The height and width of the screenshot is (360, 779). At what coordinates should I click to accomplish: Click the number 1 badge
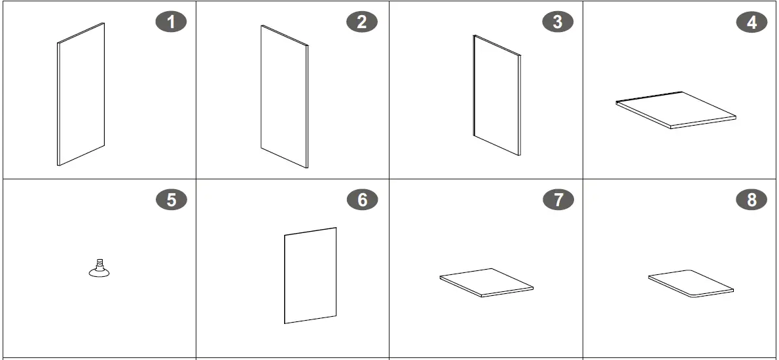click(x=172, y=22)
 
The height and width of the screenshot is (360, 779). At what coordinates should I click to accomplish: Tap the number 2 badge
click(x=361, y=22)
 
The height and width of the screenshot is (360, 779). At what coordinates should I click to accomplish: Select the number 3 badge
click(x=558, y=22)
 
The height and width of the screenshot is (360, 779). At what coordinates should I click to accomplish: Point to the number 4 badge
click(x=752, y=22)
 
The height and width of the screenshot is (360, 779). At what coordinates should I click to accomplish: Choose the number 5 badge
click(x=172, y=200)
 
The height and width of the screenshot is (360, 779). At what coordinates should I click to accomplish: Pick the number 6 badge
click(x=362, y=200)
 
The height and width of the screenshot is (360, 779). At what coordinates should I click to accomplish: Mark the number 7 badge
click(x=558, y=200)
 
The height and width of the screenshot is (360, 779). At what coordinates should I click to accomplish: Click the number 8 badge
click(x=752, y=200)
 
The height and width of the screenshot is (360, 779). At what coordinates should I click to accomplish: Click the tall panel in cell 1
click(x=81, y=94)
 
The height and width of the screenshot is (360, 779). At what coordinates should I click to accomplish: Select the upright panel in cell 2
click(x=284, y=97)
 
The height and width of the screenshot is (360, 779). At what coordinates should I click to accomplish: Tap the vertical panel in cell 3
click(x=497, y=96)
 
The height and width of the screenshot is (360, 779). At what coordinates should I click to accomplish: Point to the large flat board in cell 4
click(x=676, y=110)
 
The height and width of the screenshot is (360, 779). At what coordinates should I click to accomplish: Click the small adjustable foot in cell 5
click(x=100, y=268)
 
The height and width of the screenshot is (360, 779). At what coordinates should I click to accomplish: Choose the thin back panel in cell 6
click(x=310, y=276)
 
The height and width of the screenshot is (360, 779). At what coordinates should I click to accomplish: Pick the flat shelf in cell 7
click(x=486, y=283)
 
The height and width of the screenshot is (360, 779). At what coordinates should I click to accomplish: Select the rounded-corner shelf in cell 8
click(x=691, y=283)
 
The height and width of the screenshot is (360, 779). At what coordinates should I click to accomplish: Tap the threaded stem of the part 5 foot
click(x=100, y=263)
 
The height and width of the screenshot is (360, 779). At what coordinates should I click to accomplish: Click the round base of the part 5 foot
click(x=100, y=272)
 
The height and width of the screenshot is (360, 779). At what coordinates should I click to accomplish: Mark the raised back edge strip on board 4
click(x=649, y=97)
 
